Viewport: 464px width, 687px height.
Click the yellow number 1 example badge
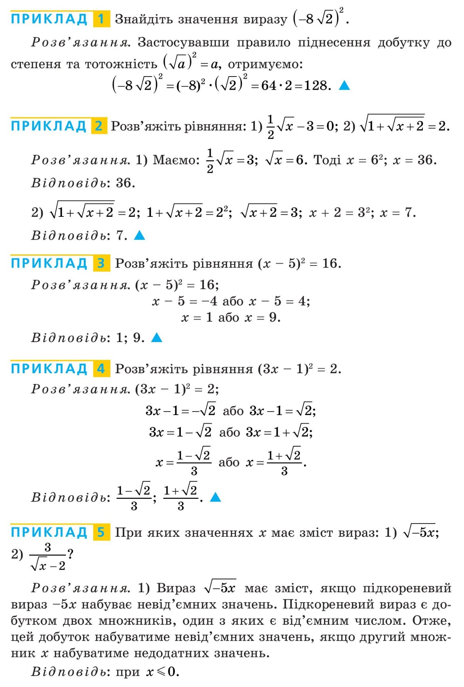101,19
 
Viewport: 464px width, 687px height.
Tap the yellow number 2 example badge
99,126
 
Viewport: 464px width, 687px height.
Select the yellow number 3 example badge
101,263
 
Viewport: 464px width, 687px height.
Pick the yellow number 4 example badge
101,369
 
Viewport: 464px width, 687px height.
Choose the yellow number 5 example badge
101,532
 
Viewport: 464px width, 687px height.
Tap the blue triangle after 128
344,86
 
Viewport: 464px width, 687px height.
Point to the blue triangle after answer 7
139,235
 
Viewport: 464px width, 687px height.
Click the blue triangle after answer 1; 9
157,337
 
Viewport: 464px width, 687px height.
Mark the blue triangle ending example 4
215,497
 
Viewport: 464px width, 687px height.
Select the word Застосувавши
183,43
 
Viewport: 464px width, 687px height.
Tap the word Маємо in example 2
176,160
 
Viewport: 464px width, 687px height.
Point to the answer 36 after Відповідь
125,183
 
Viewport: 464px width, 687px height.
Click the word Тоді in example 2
327,160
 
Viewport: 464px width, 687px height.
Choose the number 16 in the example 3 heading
330,264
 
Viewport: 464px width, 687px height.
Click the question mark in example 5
71,554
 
